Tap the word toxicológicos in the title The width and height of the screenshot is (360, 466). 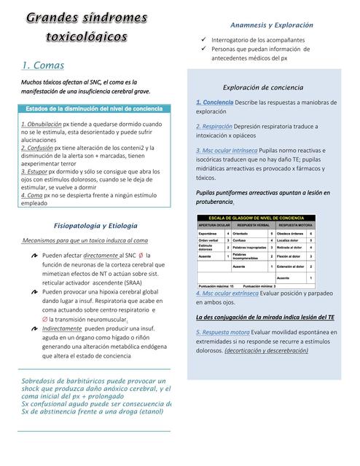click(86, 36)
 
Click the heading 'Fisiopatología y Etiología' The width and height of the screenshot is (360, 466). click(95, 225)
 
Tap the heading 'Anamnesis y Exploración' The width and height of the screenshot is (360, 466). click(271, 25)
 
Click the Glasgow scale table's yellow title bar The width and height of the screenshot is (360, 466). click(257, 218)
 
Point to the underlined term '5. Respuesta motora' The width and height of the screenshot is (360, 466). click(223, 332)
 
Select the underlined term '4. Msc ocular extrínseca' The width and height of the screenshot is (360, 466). click(227, 293)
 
